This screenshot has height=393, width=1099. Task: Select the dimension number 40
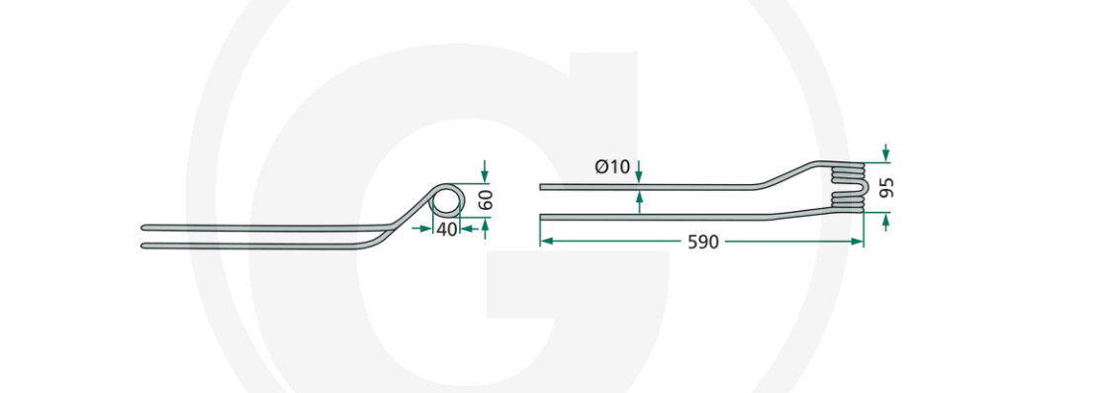pyautogui.click(x=446, y=229)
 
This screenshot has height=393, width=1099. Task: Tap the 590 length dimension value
pyautogui.click(x=702, y=243)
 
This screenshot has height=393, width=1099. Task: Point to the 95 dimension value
pyautogui.click(x=886, y=187)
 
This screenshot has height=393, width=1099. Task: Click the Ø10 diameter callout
pyautogui.click(x=613, y=167)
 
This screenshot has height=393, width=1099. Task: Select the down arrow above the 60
pyautogui.click(x=485, y=170)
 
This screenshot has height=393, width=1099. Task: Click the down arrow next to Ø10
pyautogui.click(x=639, y=172)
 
